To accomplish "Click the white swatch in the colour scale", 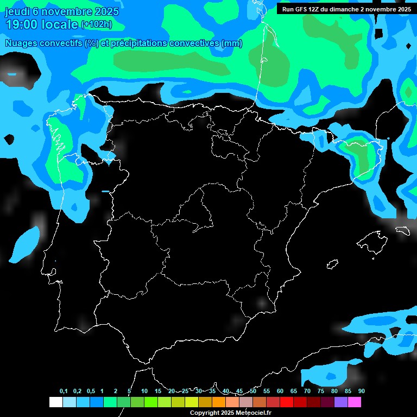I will pyautogui.click(x=55, y=402).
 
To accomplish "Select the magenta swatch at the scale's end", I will pyautogui.click(x=355, y=402).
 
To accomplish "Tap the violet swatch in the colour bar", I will pyautogui.click(x=341, y=402).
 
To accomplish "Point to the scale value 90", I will pyautogui.click(x=361, y=391).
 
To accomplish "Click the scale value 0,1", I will pyautogui.click(x=64, y=391).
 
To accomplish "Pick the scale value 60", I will pyautogui.click(x=280, y=391).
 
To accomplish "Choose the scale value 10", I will pyautogui.click(x=144, y=391).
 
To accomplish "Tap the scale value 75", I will pyautogui.click(x=320, y=391).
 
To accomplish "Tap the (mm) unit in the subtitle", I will pyautogui.click(x=232, y=43).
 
